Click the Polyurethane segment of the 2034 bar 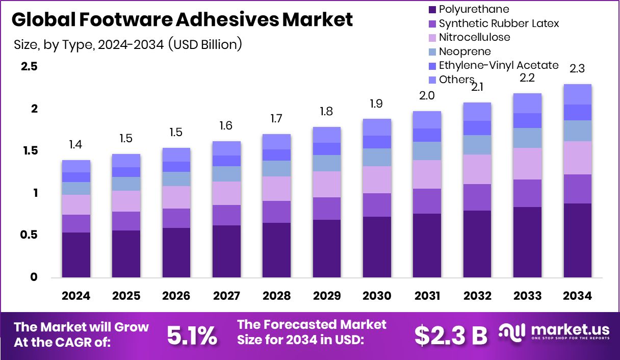click(x=578, y=240)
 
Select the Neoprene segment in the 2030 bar click(x=377, y=157)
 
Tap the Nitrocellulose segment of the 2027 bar click(x=226, y=193)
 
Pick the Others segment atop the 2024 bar click(x=76, y=166)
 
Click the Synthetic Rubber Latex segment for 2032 click(x=477, y=197)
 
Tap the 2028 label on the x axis click(x=276, y=296)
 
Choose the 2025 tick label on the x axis click(x=126, y=296)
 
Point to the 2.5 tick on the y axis click(x=29, y=67)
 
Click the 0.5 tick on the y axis click(x=29, y=235)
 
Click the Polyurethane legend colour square click(x=432, y=9)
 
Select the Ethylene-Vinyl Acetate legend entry click(x=498, y=65)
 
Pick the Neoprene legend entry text click(x=464, y=51)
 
